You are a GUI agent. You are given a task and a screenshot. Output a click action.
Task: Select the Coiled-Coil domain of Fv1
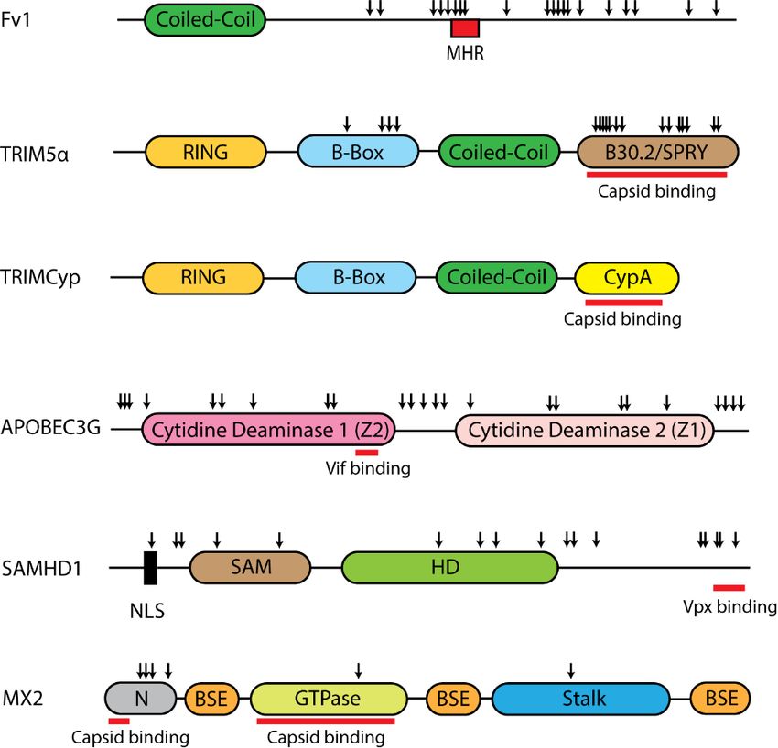(x=205, y=19)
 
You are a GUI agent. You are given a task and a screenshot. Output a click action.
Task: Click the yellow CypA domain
(x=627, y=276)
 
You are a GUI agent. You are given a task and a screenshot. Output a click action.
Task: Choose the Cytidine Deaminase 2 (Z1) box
(x=585, y=430)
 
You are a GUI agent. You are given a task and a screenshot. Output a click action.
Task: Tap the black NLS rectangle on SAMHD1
(x=150, y=568)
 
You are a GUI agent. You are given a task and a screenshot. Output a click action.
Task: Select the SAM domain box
(x=251, y=568)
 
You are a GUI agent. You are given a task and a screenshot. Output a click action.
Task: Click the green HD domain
(x=449, y=568)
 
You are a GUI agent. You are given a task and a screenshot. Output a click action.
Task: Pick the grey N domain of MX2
(x=142, y=700)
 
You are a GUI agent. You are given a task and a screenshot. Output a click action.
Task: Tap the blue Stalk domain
(x=580, y=700)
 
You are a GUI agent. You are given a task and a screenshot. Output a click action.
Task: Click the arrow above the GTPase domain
(x=358, y=669)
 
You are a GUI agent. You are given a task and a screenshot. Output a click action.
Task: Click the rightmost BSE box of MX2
(x=721, y=700)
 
